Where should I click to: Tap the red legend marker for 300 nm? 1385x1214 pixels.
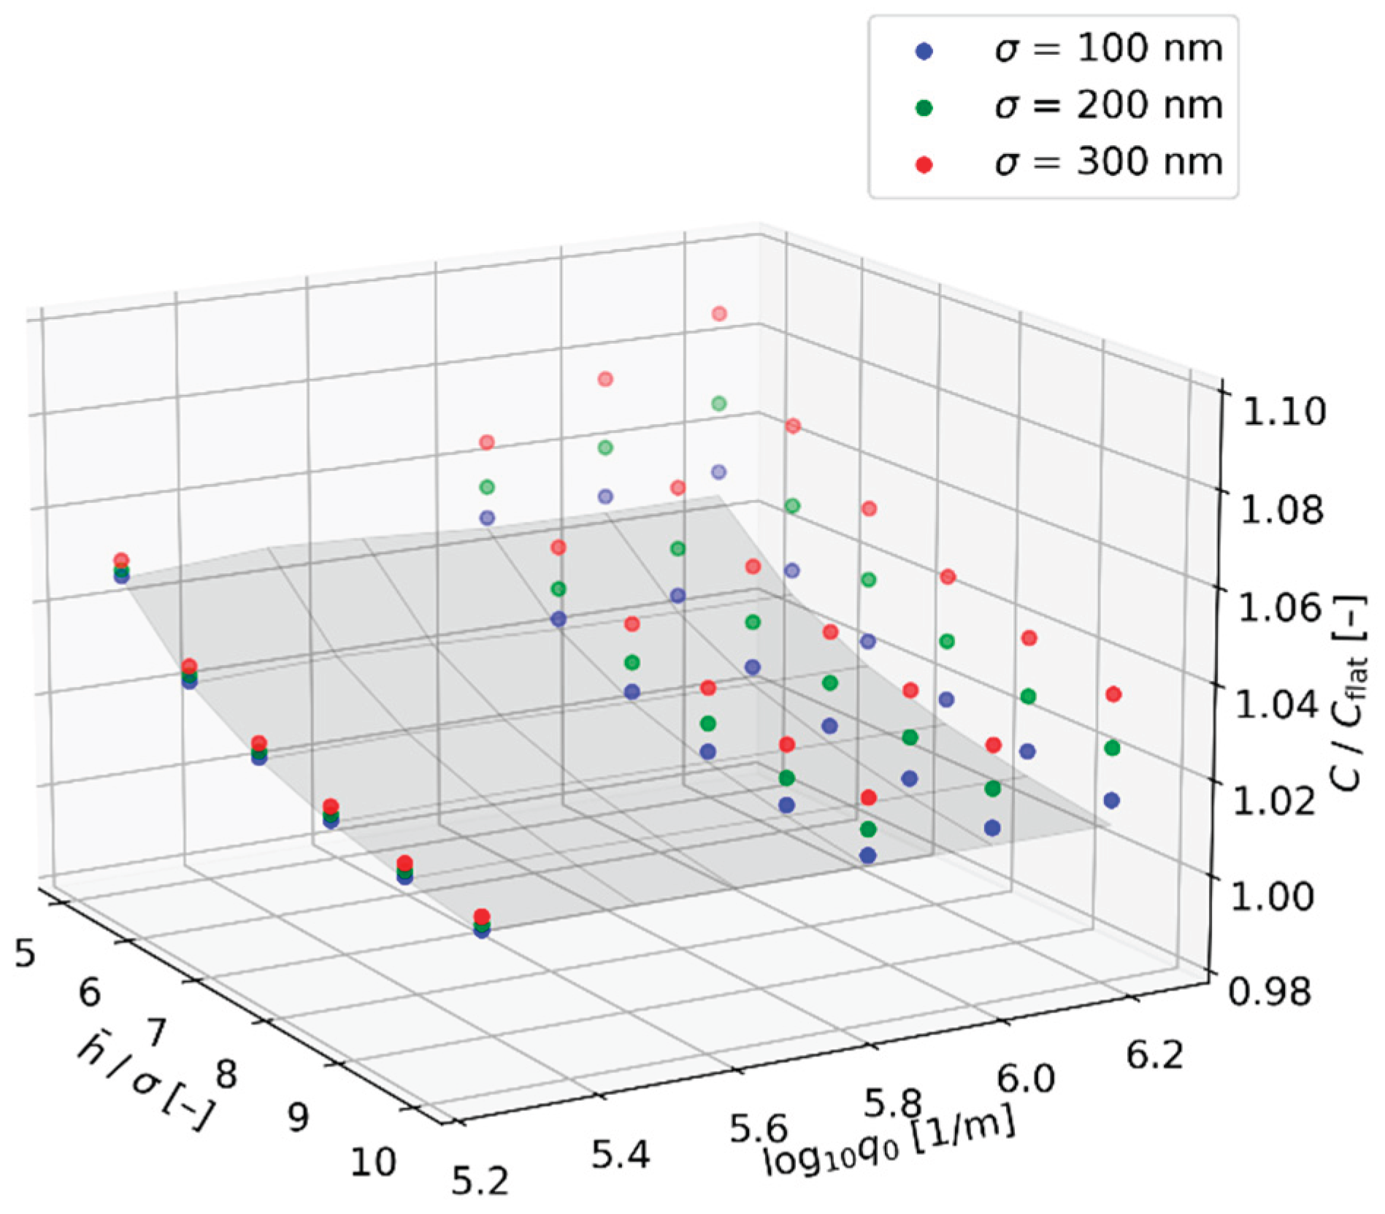click(x=924, y=165)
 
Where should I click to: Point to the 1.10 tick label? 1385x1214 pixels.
click(x=1283, y=412)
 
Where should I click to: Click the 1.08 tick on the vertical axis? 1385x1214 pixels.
click(x=1281, y=510)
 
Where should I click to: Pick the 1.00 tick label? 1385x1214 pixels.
click(x=1272, y=896)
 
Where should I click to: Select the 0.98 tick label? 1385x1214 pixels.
click(x=1270, y=991)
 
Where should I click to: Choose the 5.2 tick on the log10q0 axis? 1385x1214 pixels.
click(x=479, y=1181)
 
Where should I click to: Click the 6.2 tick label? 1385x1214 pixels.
click(x=1154, y=1053)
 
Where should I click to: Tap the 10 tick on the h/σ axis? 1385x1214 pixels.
click(x=373, y=1161)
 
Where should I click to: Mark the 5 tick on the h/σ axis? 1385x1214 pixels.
click(x=25, y=953)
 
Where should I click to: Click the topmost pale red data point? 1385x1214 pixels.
click(x=719, y=314)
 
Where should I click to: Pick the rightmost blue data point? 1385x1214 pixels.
click(x=1111, y=801)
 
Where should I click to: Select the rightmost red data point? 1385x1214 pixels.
click(x=1113, y=694)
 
